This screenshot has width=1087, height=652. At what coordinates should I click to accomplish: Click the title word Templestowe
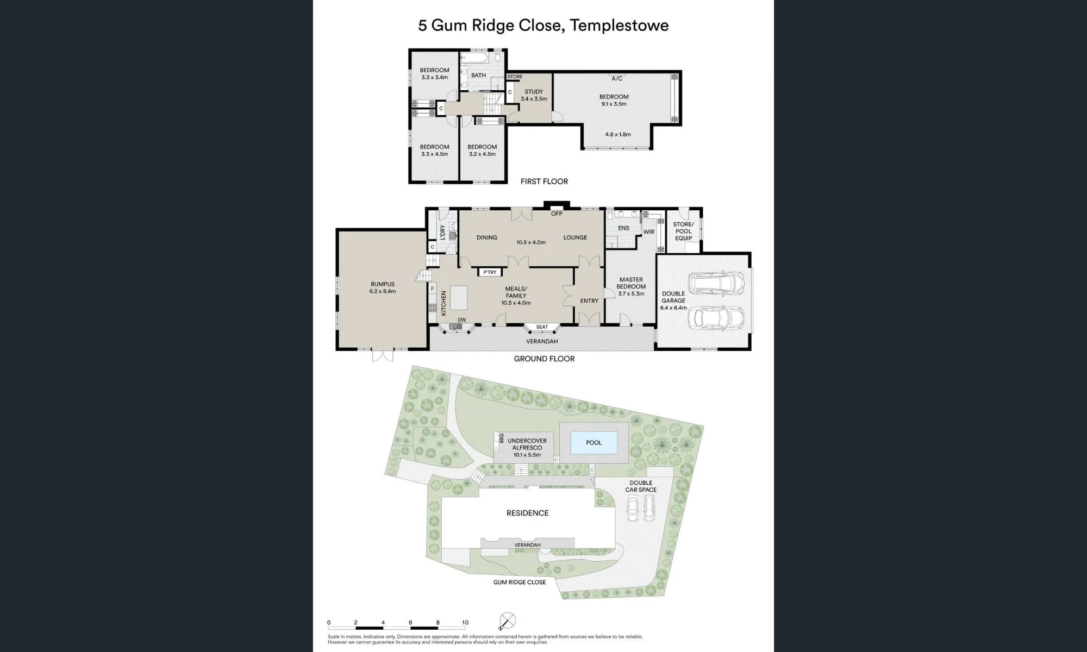click(x=620, y=26)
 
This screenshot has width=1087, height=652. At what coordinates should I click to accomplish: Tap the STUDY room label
click(x=534, y=92)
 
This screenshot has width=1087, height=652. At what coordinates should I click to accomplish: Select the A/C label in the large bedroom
click(x=617, y=79)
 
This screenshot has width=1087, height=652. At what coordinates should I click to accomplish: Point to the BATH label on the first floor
click(x=478, y=76)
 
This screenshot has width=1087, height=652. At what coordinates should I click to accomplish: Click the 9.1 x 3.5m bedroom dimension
click(x=614, y=104)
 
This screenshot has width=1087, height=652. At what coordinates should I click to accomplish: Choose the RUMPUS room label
click(x=383, y=284)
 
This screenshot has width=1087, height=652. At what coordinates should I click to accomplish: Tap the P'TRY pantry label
click(x=490, y=272)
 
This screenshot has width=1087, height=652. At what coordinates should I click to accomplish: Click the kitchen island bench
click(x=459, y=298)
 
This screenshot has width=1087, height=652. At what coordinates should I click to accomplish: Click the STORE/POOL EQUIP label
click(x=684, y=231)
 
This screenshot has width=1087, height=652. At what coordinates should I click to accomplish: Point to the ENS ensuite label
click(x=623, y=228)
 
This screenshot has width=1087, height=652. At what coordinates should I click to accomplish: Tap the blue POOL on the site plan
click(x=594, y=443)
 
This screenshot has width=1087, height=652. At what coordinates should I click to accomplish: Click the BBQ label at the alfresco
click(x=501, y=438)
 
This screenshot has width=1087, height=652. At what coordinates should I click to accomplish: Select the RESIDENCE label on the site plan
click(x=527, y=513)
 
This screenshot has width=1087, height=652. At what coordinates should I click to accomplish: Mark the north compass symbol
click(x=507, y=621)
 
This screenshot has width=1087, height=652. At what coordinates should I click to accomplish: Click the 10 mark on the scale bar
click(x=465, y=623)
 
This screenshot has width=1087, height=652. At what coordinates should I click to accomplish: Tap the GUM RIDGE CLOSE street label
click(x=520, y=582)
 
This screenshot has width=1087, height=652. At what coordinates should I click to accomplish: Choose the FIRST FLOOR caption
click(x=544, y=181)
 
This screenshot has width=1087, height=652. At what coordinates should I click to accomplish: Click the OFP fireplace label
click(x=557, y=214)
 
